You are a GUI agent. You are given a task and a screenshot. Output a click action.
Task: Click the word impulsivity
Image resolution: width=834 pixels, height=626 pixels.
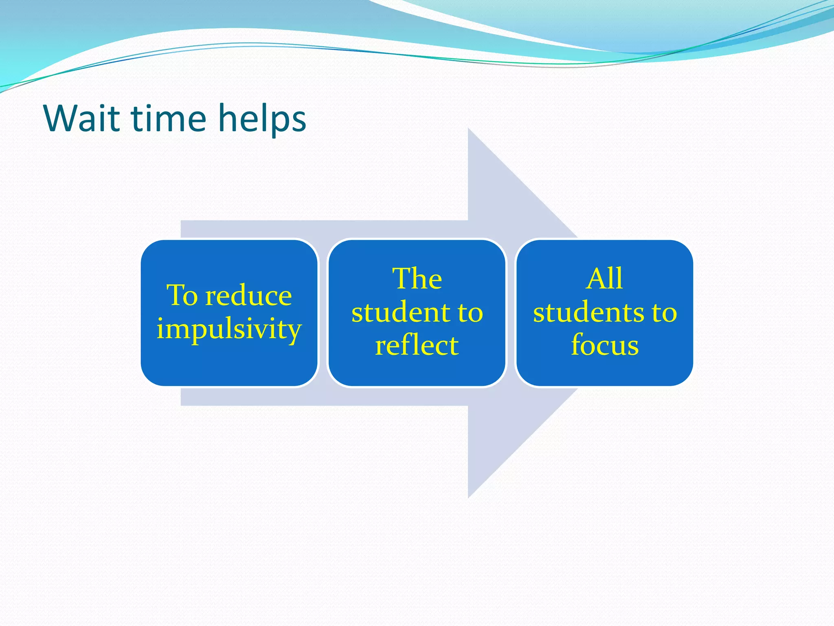point(229,329)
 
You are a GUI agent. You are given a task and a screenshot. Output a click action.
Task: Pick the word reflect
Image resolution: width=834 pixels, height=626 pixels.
point(417,346)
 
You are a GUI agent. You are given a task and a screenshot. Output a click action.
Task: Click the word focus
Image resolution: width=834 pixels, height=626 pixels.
point(604,346)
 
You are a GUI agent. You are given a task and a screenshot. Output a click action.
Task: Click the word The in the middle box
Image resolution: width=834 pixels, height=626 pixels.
point(417,279)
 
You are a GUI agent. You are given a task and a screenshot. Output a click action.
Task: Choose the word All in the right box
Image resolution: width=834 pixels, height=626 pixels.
point(604,279)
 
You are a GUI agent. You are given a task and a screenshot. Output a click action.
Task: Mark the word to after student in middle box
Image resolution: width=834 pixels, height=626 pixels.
point(470,313)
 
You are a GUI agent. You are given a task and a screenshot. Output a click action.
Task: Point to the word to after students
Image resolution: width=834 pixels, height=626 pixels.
point(664,313)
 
